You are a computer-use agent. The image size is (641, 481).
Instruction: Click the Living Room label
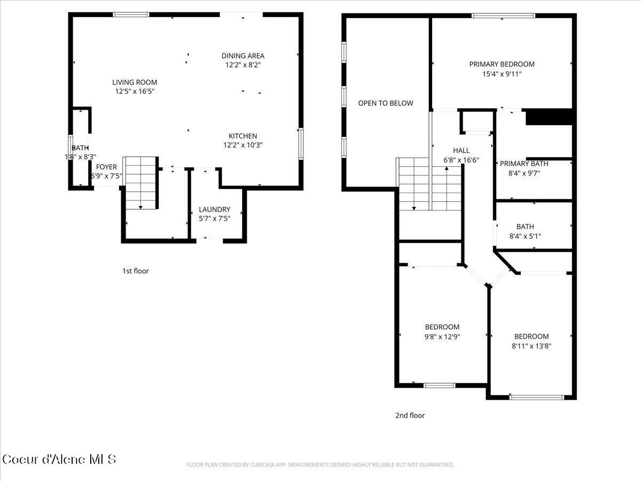point(135,82)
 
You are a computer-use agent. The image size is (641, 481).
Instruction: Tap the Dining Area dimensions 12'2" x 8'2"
point(243,65)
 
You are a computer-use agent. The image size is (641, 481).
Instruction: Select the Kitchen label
point(243,136)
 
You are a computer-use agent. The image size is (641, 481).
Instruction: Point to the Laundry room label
point(214,210)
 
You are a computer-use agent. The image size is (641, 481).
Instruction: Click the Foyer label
point(106,167)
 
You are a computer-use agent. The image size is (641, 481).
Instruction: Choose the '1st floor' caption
point(136,271)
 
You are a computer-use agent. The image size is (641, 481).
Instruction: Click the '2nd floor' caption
point(410,415)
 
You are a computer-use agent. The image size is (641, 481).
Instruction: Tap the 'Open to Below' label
point(385,103)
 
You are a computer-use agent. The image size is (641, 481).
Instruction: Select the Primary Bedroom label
point(502,64)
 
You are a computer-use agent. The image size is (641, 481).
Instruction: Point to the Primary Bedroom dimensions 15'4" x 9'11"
point(502,74)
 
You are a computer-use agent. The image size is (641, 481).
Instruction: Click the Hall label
point(461,150)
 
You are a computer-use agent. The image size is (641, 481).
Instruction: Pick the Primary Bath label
point(523,164)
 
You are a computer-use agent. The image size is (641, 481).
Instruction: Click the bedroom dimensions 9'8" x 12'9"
point(442,337)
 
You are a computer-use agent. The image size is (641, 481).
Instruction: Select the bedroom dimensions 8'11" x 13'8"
point(531,346)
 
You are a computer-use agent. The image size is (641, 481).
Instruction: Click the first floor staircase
point(140,182)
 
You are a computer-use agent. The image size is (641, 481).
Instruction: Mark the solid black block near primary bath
point(549,117)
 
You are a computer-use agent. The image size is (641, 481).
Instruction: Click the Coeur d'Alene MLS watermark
point(59,459)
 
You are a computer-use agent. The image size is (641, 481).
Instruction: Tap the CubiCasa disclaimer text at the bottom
point(320,465)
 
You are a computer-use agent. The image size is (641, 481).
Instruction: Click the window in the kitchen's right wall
point(301,143)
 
